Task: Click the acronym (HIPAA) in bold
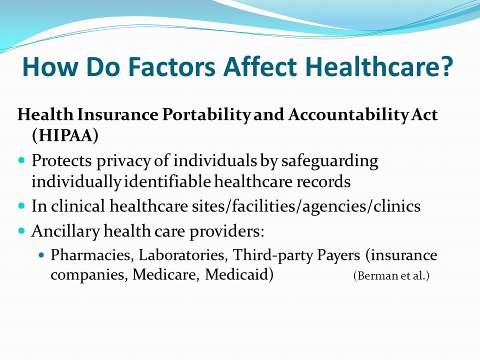(65, 135)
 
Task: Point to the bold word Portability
(206, 115)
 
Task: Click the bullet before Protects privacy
(21, 160)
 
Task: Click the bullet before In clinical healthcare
(21, 205)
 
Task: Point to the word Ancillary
(65, 231)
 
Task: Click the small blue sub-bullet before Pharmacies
(42, 254)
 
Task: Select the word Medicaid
(239, 274)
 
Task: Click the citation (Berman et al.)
(391, 276)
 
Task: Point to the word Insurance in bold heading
(117, 115)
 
